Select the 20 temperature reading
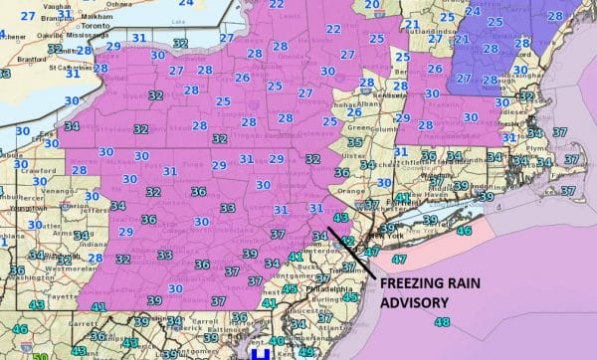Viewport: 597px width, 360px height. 370,5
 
